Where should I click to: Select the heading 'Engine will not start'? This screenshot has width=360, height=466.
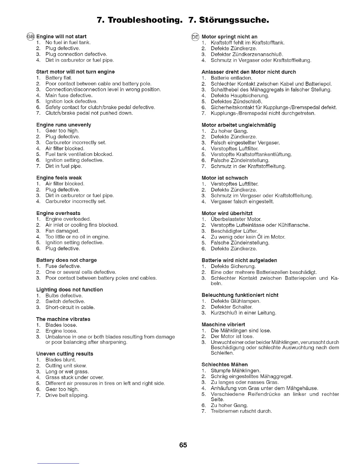61,36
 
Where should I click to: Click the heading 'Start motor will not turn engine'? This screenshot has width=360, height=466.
75,72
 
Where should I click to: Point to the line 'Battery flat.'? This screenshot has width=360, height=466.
59,78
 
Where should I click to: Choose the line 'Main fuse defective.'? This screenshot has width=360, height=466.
69,95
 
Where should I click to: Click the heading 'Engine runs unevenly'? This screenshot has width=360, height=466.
64,125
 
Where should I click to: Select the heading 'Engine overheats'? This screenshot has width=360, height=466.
58,213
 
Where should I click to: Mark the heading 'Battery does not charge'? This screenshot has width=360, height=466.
66,260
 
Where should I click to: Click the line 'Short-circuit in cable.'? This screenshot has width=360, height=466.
70,307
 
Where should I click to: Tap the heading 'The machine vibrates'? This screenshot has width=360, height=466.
63,319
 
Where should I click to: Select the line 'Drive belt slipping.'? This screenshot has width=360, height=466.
67,395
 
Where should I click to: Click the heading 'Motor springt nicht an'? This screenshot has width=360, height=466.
229,37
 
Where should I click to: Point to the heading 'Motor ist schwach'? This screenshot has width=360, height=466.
225,178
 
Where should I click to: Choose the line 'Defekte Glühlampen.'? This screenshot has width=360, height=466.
236,301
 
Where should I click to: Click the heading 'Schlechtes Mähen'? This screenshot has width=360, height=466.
225,365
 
